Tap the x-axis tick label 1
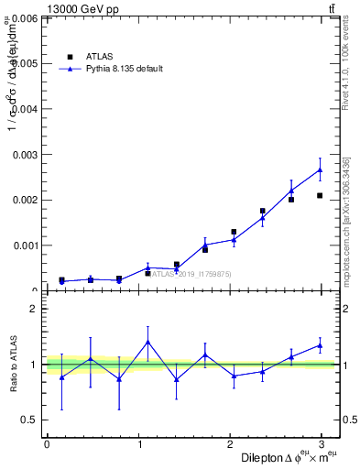[x=139, y=444]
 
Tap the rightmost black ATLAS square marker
[x=320, y=195]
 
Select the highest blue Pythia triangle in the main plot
[x=320, y=169]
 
